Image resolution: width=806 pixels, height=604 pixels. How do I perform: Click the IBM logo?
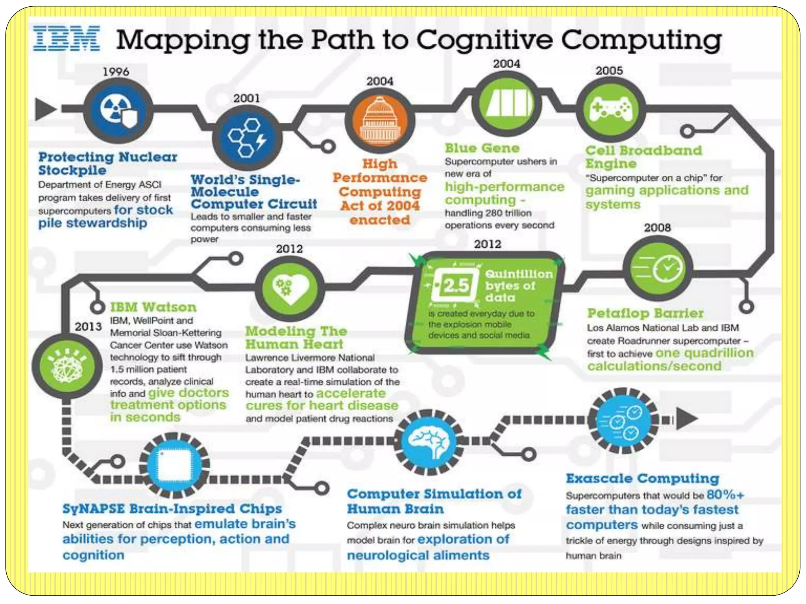[x=66, y=39]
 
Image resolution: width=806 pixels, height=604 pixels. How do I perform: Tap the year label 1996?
[x=116, y=72]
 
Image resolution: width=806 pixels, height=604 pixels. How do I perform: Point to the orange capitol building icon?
[x=380, y=120]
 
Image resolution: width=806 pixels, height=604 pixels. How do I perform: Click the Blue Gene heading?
[x=482, y=148]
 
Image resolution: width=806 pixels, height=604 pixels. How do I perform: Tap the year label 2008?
[x=657, y=227]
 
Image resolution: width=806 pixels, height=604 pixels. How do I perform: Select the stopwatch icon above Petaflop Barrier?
[x=658, y=268]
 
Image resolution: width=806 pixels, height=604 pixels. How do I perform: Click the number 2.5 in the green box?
[x=456, y=285]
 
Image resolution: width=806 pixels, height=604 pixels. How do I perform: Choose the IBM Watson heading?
[x=153, y=307]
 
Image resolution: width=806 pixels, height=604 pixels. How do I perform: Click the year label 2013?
[x=88, y=326]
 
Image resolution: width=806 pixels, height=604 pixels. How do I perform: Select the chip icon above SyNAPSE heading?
[x=174, y=465]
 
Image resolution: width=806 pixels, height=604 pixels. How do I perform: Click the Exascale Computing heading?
[x=642, y=479]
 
